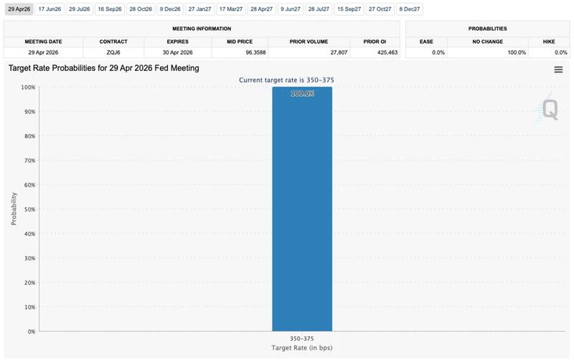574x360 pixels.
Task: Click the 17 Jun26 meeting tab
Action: (x=50, y=9)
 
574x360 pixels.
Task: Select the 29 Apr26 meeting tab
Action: (x=18, y=9)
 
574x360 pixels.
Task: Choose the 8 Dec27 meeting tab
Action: (x=410, y=9)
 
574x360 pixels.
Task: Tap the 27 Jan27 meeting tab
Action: (x=199, y=9)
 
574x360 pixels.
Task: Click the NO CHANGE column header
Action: (x=487, y=41)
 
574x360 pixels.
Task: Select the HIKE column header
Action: (x=548, y=41)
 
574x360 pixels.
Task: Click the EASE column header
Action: (x=426, y=41)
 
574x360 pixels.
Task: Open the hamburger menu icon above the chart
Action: (x=558, y=70)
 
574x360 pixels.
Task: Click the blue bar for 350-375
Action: (x=302, y=215)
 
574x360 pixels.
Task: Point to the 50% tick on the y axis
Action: (x=29, y=209)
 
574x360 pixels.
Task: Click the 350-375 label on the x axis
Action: (x=302, y=337)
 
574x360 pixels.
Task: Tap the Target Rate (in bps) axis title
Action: (x=302, y=348)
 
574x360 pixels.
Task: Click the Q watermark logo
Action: (x=549, y=109)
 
